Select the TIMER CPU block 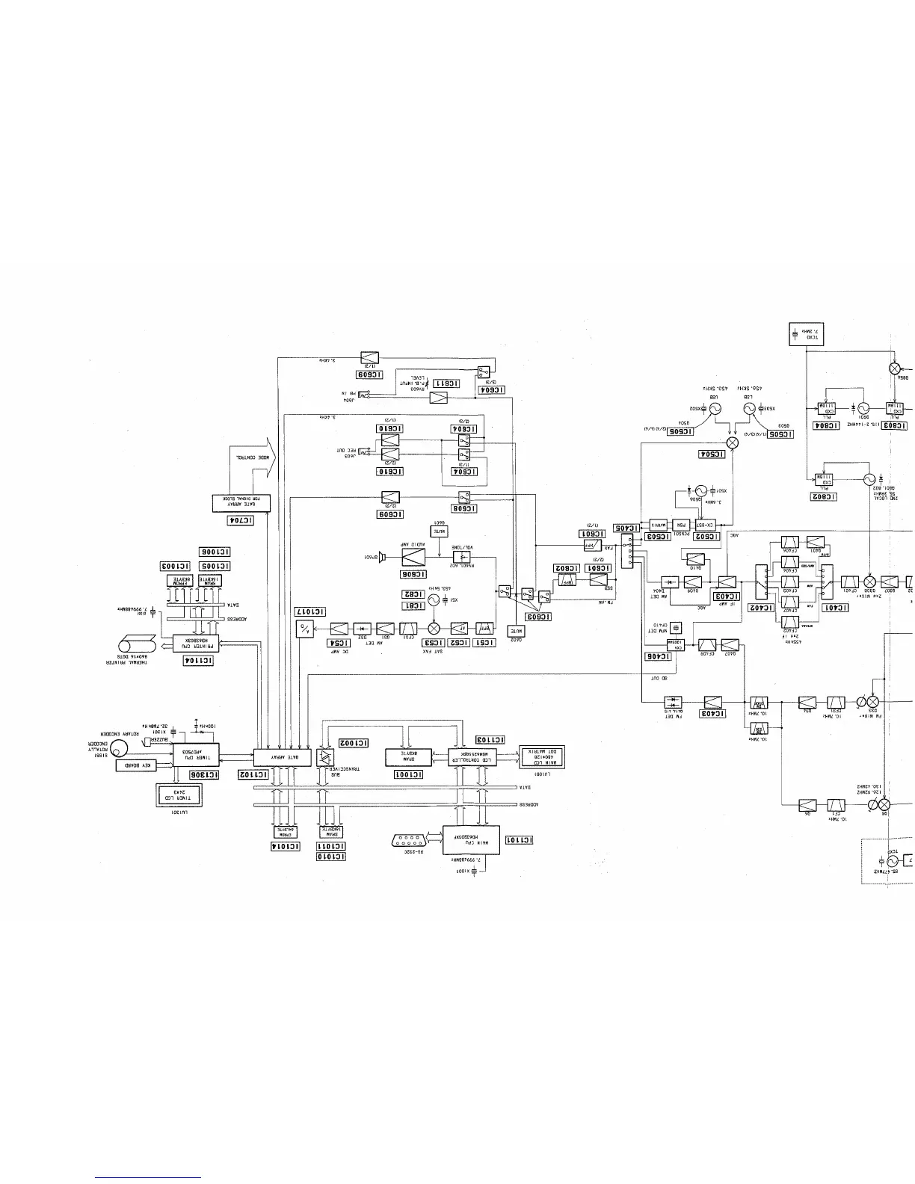[196, 753]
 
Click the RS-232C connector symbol [410, 839]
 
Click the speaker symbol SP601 [381, 557]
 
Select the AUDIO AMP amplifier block [414, 557]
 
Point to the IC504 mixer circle [733, 443]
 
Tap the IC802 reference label [822, 496]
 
